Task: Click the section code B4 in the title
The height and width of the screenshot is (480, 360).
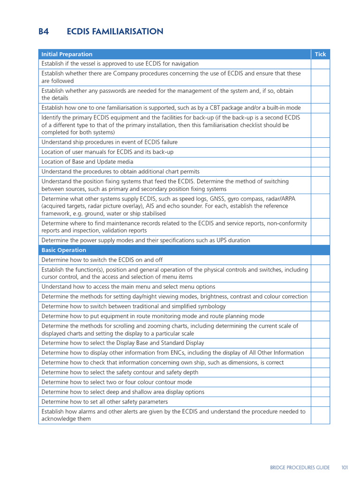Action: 44,32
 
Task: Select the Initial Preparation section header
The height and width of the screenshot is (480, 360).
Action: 67,54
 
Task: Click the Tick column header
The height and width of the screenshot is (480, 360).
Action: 320,54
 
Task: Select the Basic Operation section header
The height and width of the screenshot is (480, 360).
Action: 64,250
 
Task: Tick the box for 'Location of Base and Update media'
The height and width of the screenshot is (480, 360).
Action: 320,162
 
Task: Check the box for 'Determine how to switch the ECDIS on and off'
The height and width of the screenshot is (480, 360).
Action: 320,260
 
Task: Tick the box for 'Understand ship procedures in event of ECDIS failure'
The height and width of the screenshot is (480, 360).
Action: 320,142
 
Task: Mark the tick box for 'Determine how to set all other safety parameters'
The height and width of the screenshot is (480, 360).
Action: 320,402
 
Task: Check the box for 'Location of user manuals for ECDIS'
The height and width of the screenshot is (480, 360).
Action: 320,152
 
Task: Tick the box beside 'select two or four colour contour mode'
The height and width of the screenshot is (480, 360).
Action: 320,382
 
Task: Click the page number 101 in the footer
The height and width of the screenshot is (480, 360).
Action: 345,467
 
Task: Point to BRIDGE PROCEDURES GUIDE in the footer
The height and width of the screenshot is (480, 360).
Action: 300,467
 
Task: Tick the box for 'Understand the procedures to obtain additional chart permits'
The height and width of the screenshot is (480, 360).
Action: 320,172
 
